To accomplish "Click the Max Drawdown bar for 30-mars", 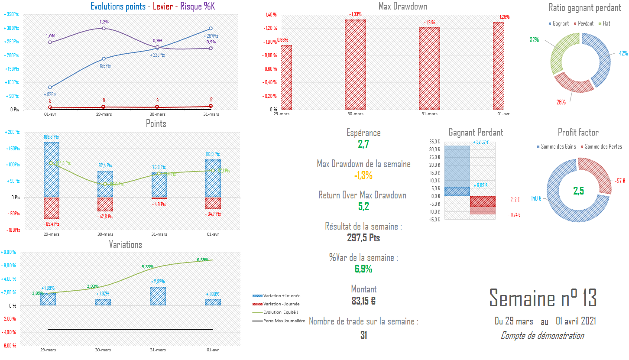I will coord(355,65).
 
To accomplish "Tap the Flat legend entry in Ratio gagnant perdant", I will coord(606,23).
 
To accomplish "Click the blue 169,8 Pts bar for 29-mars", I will coord(51,169).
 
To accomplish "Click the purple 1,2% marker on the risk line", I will coord(104,28).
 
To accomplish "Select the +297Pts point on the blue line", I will coord(211,29).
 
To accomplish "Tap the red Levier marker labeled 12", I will coord(211,106).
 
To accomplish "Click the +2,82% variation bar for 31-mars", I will coord(158,296).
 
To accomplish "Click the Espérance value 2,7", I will coord(363,145).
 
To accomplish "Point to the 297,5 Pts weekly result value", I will coord(363,237).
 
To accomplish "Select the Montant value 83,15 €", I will coord(363,301).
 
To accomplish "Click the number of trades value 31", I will coord(363,335).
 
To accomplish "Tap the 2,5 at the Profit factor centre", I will coord(579,191).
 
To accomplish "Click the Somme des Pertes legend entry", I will coord(603,147).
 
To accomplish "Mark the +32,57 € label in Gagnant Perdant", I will coord(481,142).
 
